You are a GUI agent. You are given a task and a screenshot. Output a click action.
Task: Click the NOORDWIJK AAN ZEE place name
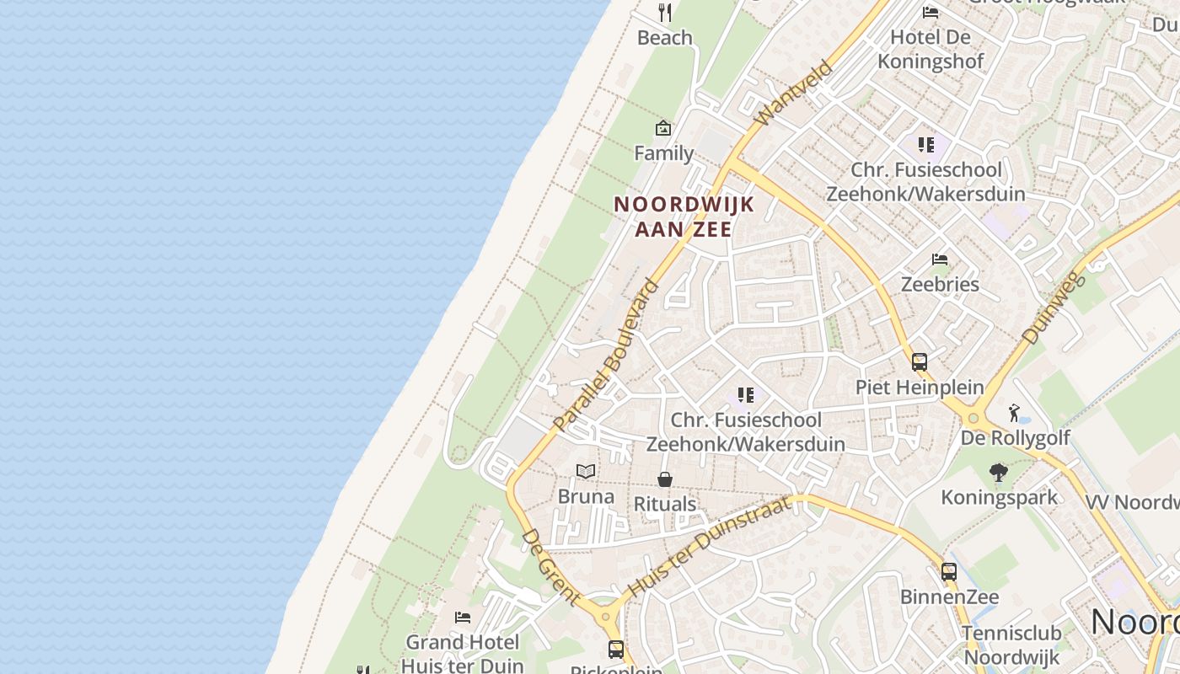coord(684,217)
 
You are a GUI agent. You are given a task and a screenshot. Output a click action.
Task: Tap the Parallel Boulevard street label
coord(606,356)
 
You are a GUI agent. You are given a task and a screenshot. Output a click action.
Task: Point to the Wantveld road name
coord(793,94)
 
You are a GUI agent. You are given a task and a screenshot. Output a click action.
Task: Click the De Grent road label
coord(550,567)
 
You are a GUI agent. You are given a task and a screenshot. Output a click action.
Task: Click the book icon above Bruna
coord(586,472)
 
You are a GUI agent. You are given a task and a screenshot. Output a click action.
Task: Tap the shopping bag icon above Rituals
coord(665,479)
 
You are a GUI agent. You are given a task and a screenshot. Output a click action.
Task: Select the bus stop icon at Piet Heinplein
coord(920,362)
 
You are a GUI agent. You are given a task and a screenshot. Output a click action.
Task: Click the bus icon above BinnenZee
coord(949,572)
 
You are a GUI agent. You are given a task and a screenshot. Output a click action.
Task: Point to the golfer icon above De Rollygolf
coord(1014,413)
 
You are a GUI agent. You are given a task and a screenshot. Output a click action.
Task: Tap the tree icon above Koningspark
coord(999,473)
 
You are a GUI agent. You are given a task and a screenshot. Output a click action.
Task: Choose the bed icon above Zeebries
coord(940,259)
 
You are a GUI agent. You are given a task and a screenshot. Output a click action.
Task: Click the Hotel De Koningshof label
coord(931,49)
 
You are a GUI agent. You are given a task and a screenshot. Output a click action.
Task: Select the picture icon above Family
coord(663,128)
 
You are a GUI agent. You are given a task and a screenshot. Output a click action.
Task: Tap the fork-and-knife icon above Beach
coord(665,12)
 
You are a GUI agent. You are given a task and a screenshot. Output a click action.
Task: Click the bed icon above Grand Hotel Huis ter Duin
coord(463,617)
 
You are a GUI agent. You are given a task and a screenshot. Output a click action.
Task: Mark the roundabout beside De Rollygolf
coord(974,418)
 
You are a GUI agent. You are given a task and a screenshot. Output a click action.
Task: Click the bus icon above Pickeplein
coord(616,650)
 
